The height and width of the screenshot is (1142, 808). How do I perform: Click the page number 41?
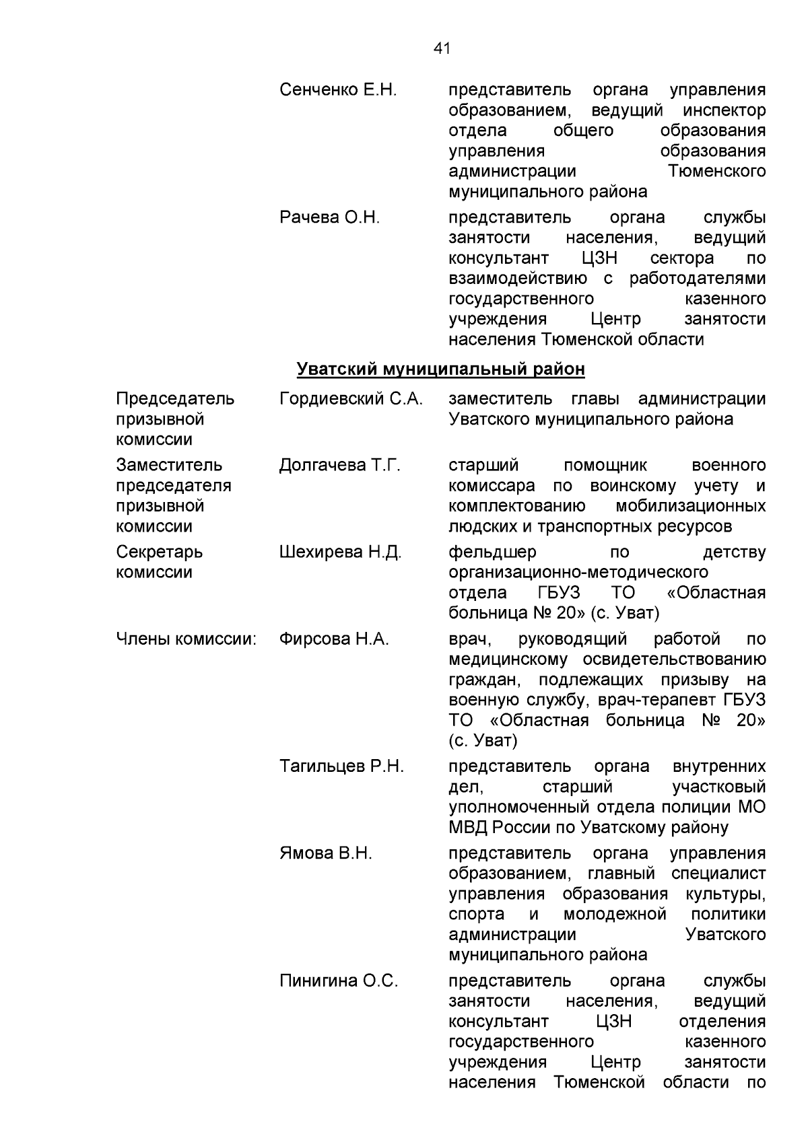[442, 48]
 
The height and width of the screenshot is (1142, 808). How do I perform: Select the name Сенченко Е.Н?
[338, 90]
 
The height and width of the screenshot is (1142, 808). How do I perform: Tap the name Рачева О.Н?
[329, 217]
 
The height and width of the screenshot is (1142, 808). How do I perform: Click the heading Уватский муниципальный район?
[441, 369]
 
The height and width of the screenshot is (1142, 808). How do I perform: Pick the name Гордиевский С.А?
[351, 398]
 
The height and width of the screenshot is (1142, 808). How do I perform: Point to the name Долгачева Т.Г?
[340, 465]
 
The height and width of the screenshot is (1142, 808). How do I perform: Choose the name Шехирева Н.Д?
[340, 552]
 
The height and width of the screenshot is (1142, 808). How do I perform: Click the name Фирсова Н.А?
[334, 639]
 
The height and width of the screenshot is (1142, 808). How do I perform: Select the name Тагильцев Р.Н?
[341, 766]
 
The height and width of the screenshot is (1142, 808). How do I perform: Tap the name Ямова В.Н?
[326, 853]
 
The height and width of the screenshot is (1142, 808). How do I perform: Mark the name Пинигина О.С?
[339, 980]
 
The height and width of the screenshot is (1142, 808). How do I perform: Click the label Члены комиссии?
[187, 639]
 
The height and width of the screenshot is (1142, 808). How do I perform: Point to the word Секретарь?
[160, 552]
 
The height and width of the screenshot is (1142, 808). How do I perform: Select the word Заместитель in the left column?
[169, 465]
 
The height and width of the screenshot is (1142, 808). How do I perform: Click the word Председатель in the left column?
[175, 398]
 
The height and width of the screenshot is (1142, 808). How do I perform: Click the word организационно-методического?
[578, 573]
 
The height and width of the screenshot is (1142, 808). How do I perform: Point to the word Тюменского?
[717, 171]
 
